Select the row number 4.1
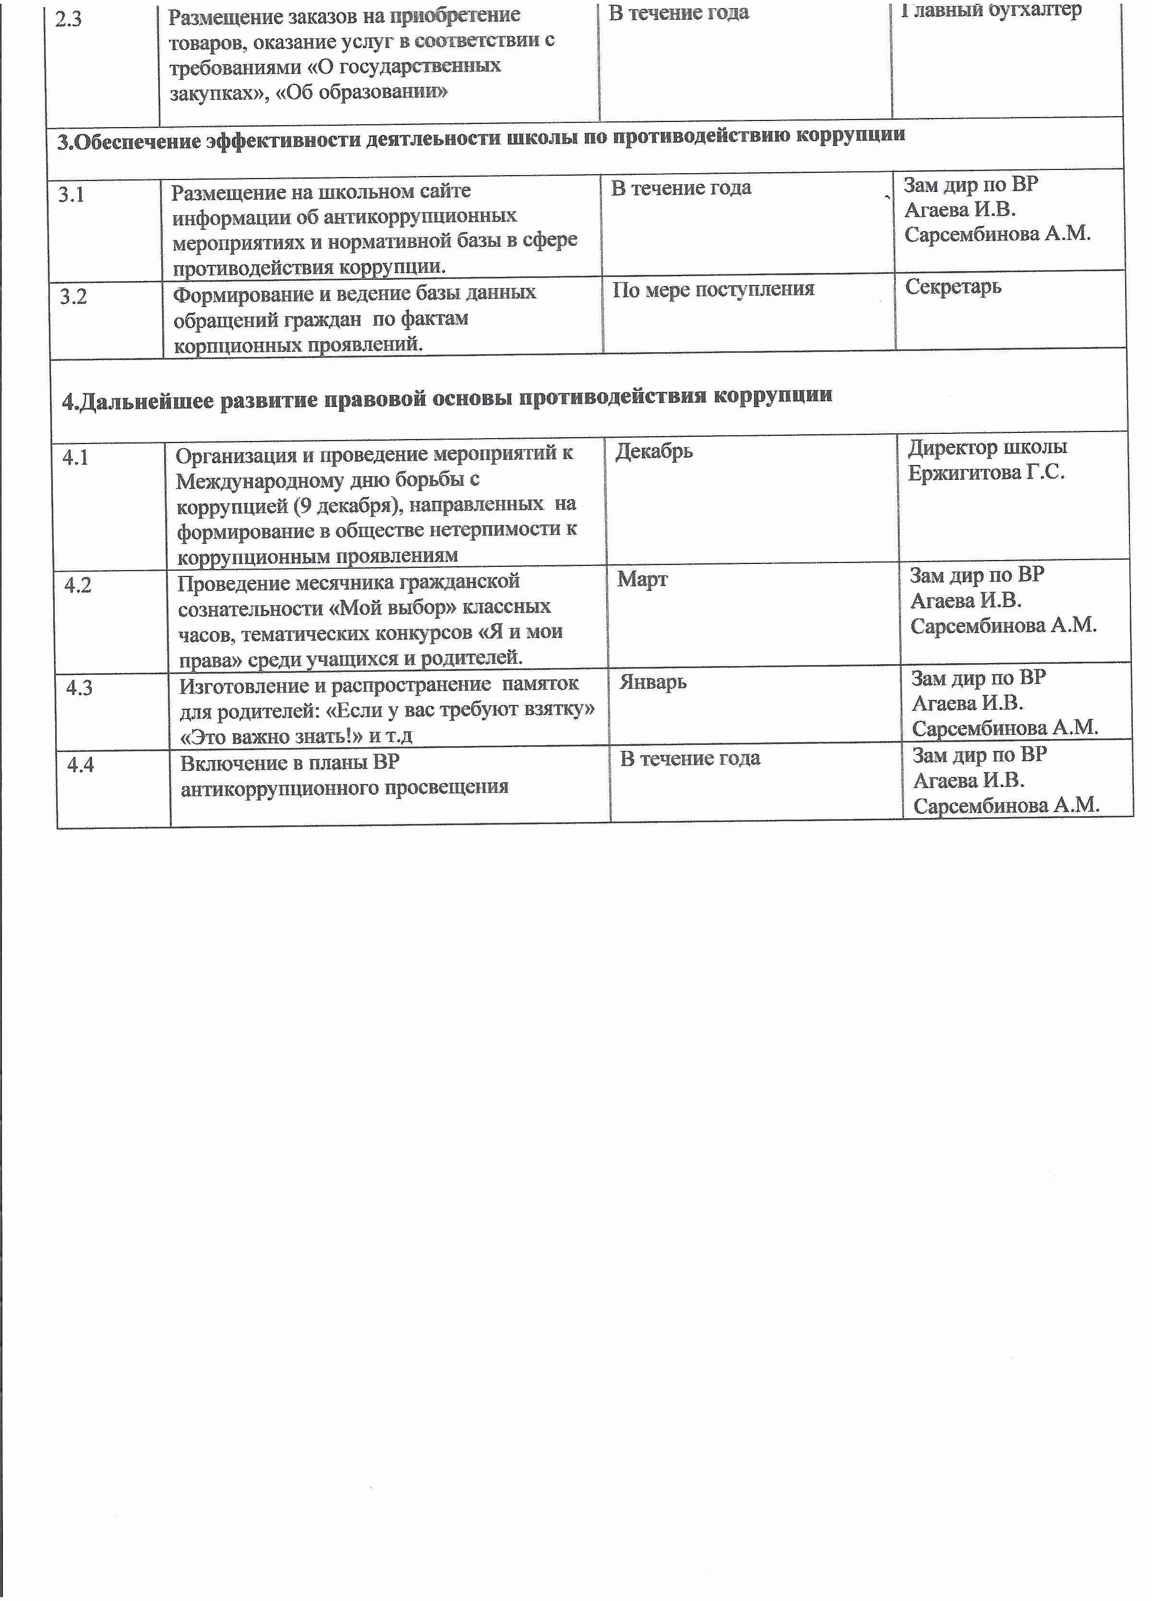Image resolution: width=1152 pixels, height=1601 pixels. click(x=75, y=457)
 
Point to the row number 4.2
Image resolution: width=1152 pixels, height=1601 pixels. click(x=78, y=585)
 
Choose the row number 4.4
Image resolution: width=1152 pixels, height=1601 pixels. click(x=81, y=765)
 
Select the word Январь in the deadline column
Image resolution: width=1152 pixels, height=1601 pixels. click(x=653, y=682)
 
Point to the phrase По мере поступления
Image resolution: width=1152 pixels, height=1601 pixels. click(x=713, y=289)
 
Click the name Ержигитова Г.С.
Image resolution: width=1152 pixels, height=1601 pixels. click(x=986, y=472)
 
